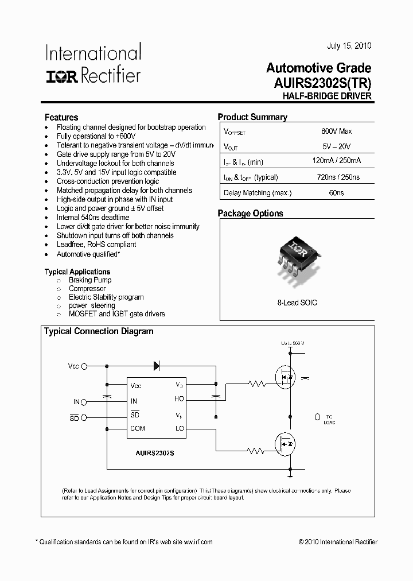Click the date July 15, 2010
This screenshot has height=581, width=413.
click(349, 46)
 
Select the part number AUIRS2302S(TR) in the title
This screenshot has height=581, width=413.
click(319, 83)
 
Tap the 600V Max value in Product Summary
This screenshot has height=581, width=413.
click(336, 131)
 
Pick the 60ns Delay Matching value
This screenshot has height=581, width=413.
click(336, 193)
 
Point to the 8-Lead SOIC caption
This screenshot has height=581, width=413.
click(297, 303)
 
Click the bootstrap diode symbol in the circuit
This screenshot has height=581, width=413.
click(156, 365)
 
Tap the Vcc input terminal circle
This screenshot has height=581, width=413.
click(84, 365)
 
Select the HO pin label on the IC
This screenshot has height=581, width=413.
click(179, 398)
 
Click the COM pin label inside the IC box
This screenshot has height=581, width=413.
click(138, 429)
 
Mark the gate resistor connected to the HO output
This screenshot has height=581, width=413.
click(256, 384)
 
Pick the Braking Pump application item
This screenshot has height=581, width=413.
click(90, 280)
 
